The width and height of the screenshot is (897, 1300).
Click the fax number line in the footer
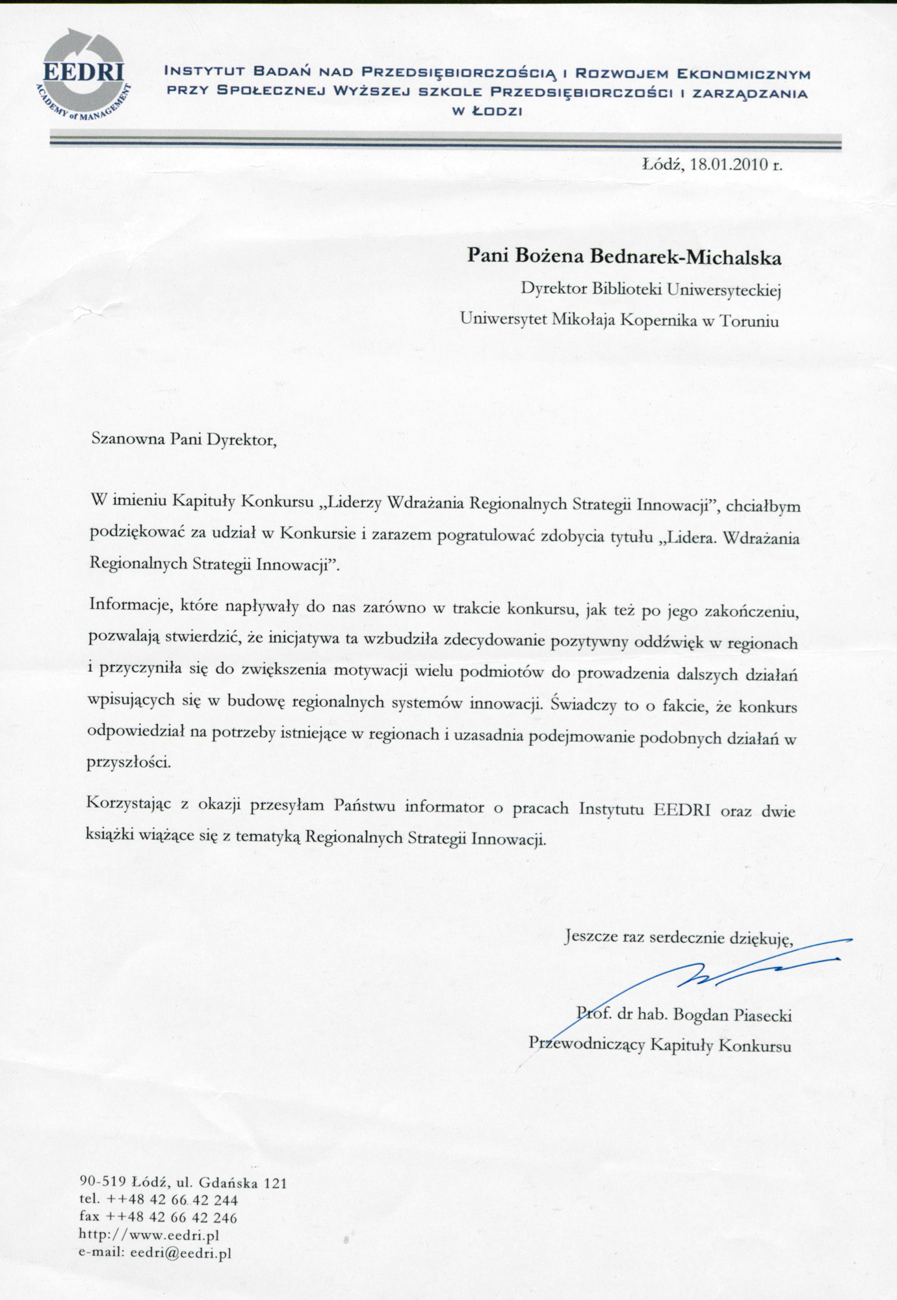click(x=158, y=1217)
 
